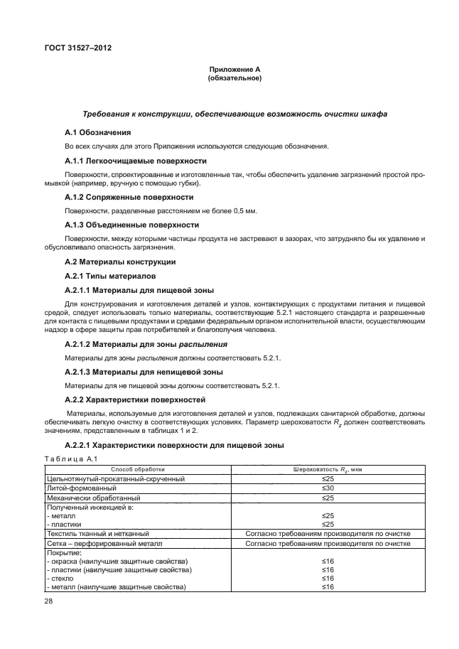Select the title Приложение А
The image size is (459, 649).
point(234,69)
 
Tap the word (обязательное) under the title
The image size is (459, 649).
point(234,78)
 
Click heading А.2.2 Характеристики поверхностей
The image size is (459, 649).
point(134,399)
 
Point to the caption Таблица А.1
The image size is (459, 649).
point(69,458)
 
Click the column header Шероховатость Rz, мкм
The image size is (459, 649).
point(328,469)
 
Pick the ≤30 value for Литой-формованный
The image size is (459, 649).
point(328,489)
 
